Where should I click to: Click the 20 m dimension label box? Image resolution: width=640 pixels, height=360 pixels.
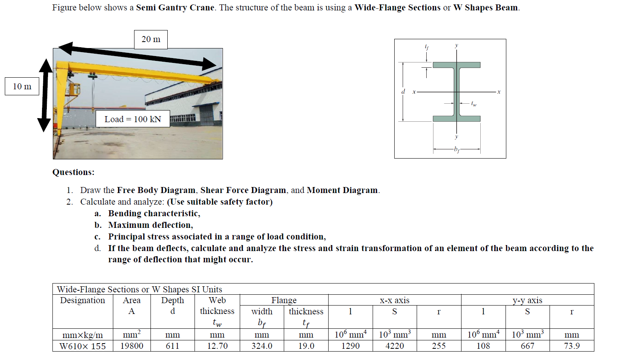pos(150,39)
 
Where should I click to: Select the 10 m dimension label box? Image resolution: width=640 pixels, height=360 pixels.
pos(22,86)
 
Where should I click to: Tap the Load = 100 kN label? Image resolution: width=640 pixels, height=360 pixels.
pos(132,119)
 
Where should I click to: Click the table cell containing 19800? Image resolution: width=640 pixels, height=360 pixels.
pos(132,346)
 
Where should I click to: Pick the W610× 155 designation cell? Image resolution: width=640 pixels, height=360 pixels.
pos(82,346)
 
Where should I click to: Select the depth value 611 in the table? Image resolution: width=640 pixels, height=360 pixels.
pos(173,346)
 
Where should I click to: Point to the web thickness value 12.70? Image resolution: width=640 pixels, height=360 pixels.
pos(217,346)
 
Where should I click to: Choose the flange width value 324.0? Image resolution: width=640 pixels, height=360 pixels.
pos(262,346)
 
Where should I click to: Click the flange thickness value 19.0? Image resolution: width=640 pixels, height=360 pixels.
pos(306,346)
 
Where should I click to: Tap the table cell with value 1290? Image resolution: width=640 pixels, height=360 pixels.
pos(350,346)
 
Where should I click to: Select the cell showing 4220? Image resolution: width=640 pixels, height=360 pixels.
pos(395,346)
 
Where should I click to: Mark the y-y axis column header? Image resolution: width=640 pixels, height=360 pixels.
pos(527,300)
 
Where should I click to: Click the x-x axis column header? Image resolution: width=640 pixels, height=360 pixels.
pos(395,300)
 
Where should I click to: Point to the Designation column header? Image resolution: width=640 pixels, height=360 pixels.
pos(82,300)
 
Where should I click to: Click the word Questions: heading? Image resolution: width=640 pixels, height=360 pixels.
pos(73,172)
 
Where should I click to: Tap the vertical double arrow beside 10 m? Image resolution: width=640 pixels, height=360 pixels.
pos(45,95)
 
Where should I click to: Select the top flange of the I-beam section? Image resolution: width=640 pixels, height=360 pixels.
pos(456,65)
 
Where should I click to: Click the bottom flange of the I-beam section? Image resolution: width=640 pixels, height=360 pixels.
pos(456,119)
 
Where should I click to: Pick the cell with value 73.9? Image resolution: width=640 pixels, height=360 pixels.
pos(572,346)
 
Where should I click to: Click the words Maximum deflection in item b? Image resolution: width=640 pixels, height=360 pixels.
pos(150,225)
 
